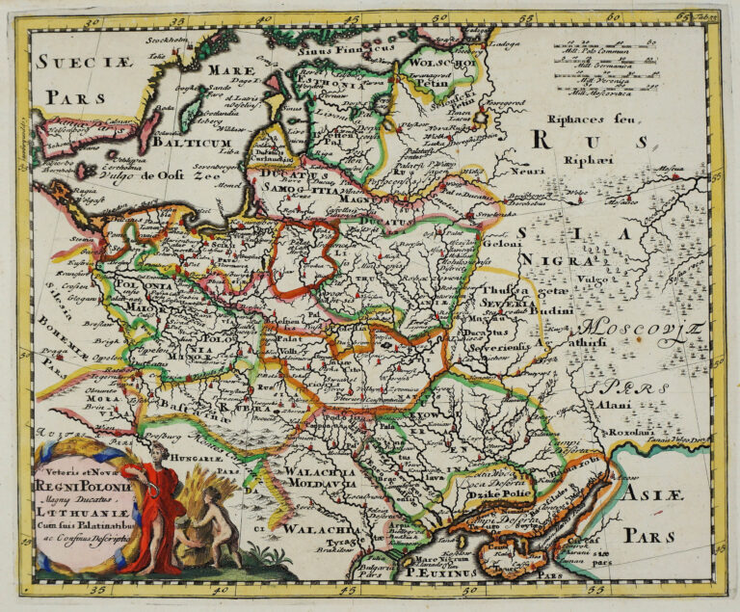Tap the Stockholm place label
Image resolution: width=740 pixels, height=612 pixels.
point(166,40)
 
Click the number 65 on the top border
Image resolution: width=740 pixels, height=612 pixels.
point(684,14)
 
